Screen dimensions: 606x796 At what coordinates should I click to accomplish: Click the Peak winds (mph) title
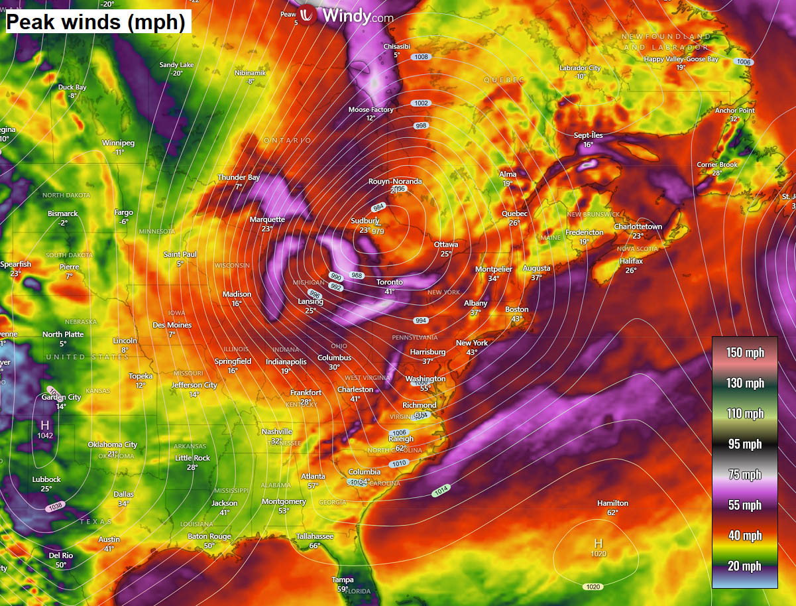[95, 22]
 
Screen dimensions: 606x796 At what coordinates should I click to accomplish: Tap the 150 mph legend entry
[745, 352]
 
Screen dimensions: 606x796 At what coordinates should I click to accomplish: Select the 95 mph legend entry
[745, 444]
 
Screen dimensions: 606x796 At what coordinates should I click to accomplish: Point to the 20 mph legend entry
[745, 566]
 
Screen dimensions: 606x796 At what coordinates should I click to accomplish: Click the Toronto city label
[390, 282]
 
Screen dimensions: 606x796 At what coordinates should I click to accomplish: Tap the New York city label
[472, 343]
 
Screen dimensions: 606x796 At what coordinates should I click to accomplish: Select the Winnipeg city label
[118, 143]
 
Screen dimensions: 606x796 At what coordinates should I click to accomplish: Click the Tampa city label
[343, 580]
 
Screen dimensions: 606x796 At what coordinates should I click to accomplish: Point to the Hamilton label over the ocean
[612, 503]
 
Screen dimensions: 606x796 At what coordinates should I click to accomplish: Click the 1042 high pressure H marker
[45, 424]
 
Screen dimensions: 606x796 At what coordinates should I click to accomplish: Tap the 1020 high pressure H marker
[598, 544]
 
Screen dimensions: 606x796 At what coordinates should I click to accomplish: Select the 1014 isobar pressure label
[441, 491]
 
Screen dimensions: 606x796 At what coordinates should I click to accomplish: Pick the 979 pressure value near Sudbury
[378, 231]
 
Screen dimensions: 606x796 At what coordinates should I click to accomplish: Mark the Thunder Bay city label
[239, 178]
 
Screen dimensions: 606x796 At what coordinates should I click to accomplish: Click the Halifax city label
[631, 261]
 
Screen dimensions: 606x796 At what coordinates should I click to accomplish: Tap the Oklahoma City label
[113, 445]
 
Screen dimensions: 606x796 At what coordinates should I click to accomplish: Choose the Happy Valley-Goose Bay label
[681, 59]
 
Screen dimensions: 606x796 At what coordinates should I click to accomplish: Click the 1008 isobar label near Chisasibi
[421, 57]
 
